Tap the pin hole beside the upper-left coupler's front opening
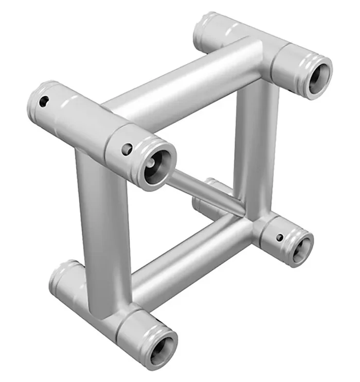point(127,150)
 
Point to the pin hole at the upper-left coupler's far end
point(44,100)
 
